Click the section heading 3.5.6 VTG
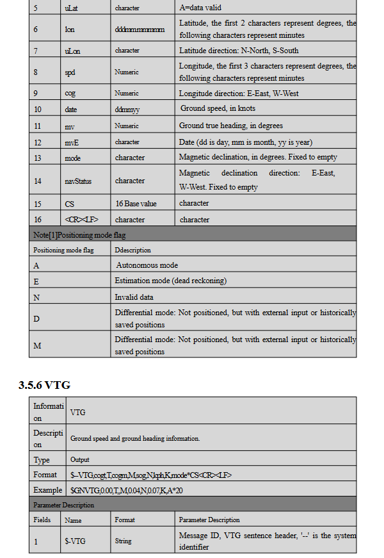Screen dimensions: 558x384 pos(44,385)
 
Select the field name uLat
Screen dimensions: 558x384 pos(70,8)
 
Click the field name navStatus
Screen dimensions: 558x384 pos(78,181)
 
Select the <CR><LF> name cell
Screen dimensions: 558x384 pos(81,220)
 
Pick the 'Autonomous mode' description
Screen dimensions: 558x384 pos(147,265)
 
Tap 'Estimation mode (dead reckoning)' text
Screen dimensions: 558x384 pos(170,281)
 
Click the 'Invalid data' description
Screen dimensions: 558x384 pos(135,297)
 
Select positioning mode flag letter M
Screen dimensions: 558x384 pos(37,345)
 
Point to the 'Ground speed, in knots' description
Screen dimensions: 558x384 pos(218,109)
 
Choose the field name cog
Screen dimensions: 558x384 pos(70,94)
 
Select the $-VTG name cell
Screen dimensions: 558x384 pos(75,541)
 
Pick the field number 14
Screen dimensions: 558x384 pos(37,181)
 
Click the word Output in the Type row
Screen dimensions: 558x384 pos(80,459)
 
